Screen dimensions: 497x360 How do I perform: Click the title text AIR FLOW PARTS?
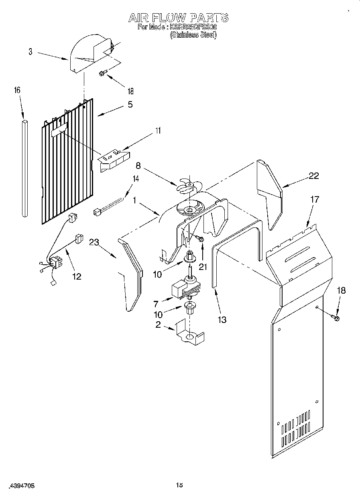coord(178,18)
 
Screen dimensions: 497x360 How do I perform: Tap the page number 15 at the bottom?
coord(179,485)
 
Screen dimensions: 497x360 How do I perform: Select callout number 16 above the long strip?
coord(17,91)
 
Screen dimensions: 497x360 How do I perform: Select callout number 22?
coord(313,175)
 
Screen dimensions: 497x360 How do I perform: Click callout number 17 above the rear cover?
coord(315,199)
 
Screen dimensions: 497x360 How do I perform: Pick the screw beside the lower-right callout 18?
coord(335,318)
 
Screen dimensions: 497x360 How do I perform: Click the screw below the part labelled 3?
coord(103,73)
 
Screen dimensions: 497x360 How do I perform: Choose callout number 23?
coord(94,242)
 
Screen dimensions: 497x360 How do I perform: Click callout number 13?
coord(222,320)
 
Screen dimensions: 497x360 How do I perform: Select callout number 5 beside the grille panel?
coord(130,105)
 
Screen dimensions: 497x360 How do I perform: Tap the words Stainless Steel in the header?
coord(193,35)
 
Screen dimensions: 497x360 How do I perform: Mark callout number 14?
coord(136,179)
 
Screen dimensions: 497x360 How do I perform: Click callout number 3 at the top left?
coord(31,51)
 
